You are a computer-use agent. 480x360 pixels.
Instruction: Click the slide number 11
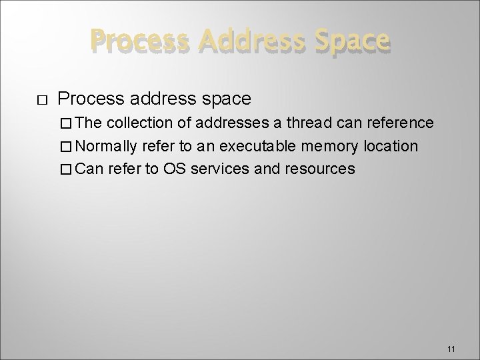click(x=451, y=349)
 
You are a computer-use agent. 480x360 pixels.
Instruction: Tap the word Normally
click(x=111, y=146)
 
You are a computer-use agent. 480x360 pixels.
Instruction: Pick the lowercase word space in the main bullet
click(x=223, y=99)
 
